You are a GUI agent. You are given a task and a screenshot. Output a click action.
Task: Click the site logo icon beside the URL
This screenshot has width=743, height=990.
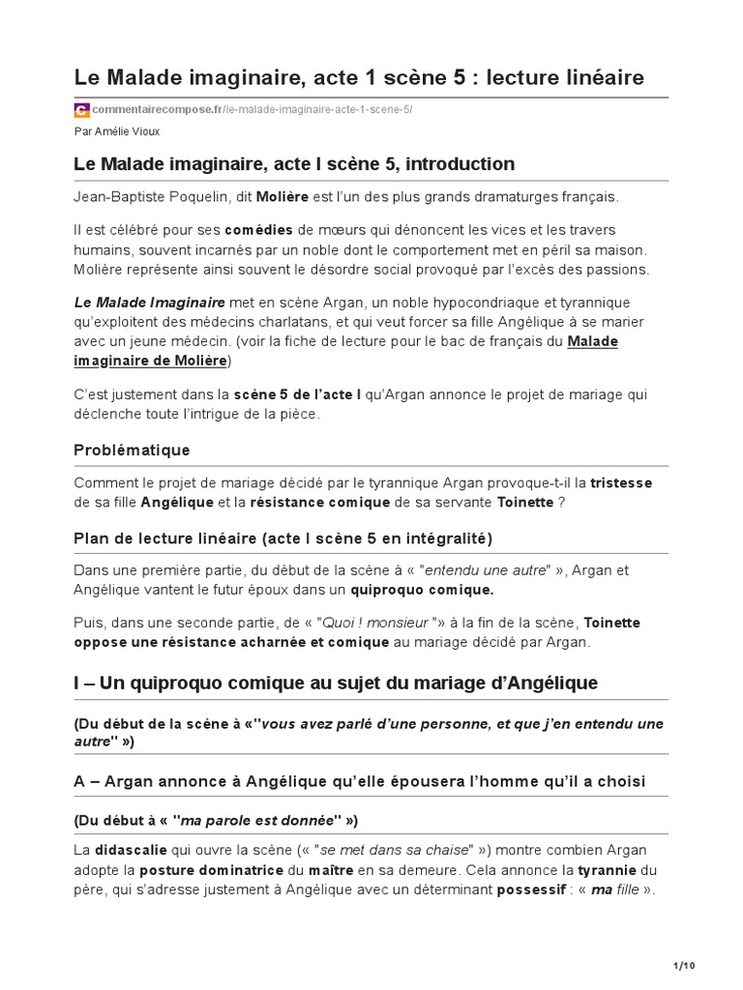(81, 109)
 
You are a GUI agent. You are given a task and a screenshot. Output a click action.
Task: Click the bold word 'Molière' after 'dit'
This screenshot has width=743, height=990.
(282, 197)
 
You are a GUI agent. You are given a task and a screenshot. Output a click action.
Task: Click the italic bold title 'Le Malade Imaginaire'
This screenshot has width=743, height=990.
(149, 303)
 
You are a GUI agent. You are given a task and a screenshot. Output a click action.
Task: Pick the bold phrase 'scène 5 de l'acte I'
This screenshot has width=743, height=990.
(296, 394)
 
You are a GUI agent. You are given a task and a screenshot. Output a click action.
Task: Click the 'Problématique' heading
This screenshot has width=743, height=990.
(132, 450)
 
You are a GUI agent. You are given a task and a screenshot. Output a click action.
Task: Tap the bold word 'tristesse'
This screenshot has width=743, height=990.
(621, 482)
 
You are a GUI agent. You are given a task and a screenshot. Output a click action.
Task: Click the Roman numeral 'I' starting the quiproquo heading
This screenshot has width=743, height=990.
(76, 684)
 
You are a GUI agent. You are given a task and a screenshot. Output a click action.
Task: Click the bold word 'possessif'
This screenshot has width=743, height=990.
(531, 889)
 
